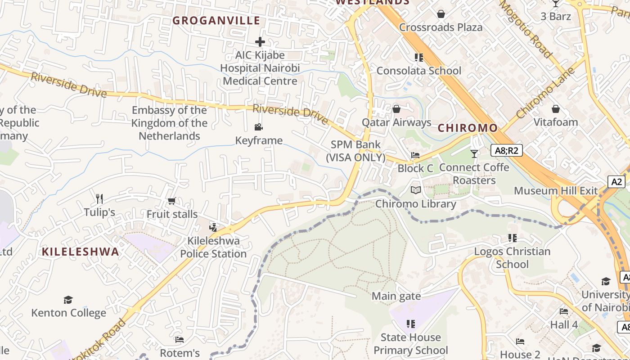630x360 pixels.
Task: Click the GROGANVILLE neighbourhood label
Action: tap(216, 20)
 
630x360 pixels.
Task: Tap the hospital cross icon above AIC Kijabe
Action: tap(260, 42)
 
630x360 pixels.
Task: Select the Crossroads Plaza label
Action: tap(441, 27)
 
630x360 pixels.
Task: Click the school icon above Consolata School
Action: tap(419, 58)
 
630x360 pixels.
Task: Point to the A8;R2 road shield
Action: tap(506, 150)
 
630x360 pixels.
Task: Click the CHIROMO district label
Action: tap(468, 128)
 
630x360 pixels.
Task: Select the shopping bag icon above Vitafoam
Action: tap(556, 109)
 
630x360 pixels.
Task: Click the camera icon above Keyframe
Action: tap(259, 127)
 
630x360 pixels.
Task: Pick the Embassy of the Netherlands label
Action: tap(170, 123)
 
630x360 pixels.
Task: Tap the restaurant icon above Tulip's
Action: tap(99, 198)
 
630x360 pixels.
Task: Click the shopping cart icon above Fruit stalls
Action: tap(171, 201)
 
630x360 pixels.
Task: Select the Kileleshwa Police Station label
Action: tap(213, 247)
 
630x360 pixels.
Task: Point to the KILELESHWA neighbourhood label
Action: tap(81, 252)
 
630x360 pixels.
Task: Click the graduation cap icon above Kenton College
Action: tap(68, 300)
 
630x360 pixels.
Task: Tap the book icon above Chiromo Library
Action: tap(416, 190)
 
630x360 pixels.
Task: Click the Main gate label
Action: tap(396, 296)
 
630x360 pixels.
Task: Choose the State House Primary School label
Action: tap(410, 344)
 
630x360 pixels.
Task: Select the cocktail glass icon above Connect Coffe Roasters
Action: tap(474, 154)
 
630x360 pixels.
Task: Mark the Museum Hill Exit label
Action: tap(556, 190)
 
